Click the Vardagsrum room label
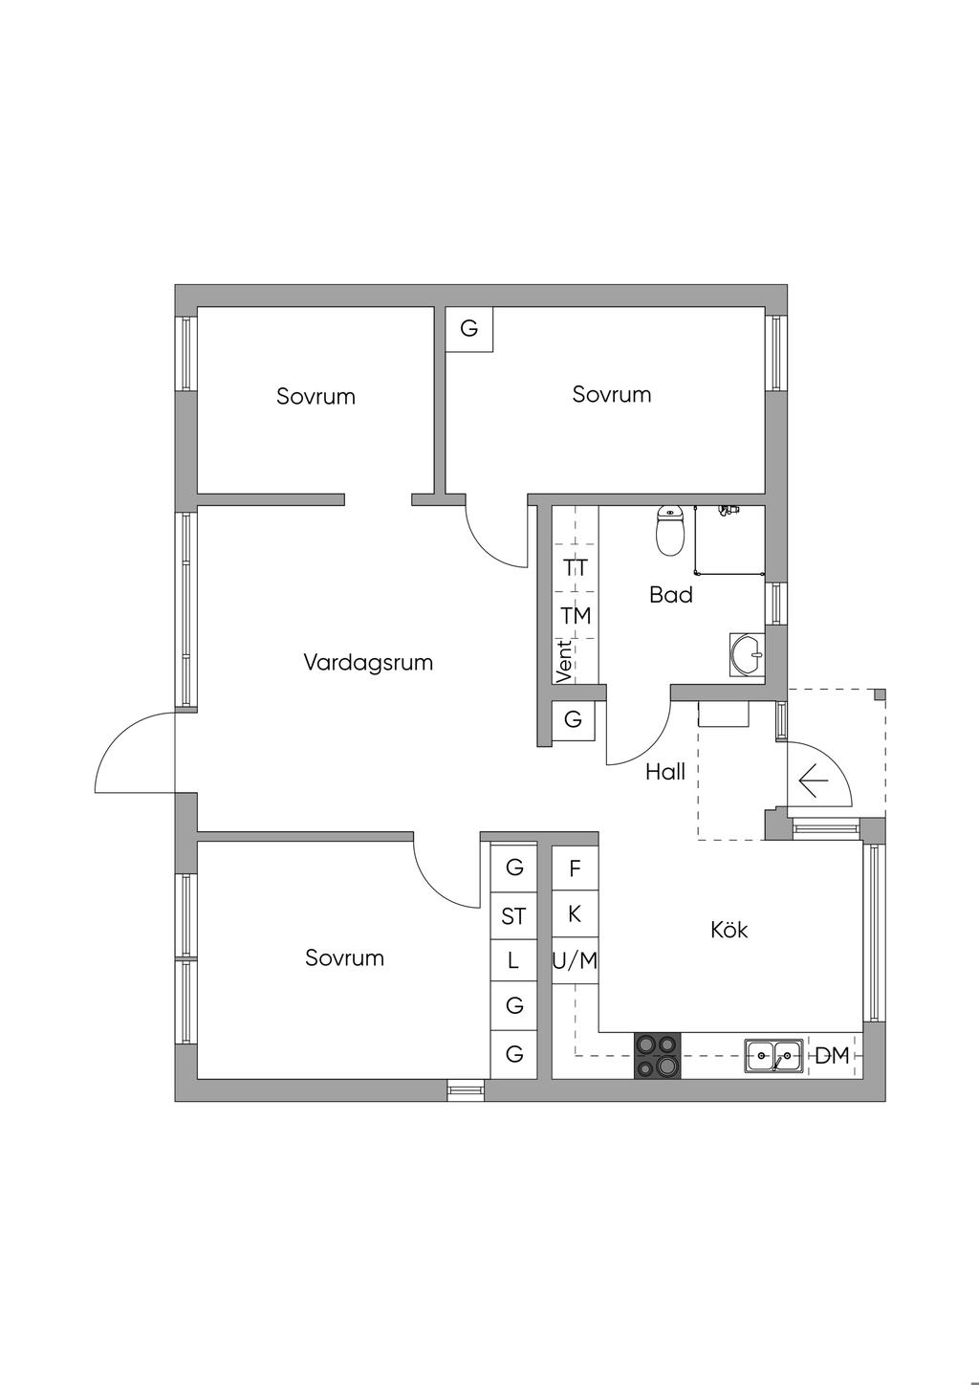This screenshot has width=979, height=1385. pyautogui.click(x=368, y=662)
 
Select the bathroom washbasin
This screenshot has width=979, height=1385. pyautogui.click(x=746, y=655)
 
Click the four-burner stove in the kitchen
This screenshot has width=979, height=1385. pyautogui.click(x=658, y=1056)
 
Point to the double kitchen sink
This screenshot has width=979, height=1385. pyautogui.click(x=773, y=1056)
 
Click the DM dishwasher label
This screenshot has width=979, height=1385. pyautogui.click(x=832, y=1056)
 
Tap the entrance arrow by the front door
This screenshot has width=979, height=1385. pyautogui.click(x=813, y=781)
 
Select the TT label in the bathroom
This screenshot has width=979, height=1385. pyautogui.click(x=576, y=567)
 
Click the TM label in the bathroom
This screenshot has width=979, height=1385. pyautogui.click(x=576, y=615)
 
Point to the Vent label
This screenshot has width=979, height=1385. pyautogui.click(x=564, y=661)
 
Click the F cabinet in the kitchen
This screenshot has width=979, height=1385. pyautogui.click(x=575, y=868)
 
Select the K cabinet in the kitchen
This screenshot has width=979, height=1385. pyautogui.click(x=575, y=913)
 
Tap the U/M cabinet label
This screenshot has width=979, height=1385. pyautogui.click(x=575, y=960)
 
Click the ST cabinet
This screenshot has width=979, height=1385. pyautogui.click(x=513, y=916)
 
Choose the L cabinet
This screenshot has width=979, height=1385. pyautogui.click(x=513, y=960)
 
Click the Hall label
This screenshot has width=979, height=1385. pyautogui.click(x=665, y=772)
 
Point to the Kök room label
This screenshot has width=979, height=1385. pyautogui.click(x=729, y=929)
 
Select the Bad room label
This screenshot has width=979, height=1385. pyautogui.click(x=670, y=595)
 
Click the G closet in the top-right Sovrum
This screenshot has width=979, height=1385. pyautogui.click(x=468, y=329)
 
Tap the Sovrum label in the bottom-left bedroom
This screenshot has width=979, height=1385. pyautogui.click(x=344, y=957)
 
